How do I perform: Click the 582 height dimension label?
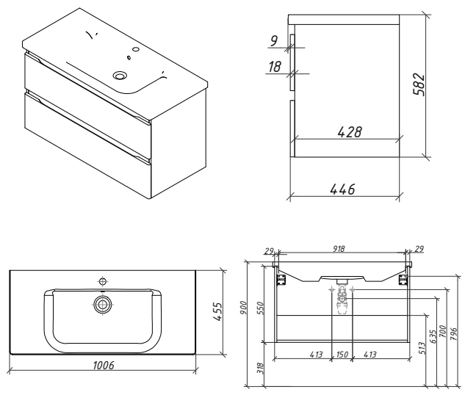coord(419,84)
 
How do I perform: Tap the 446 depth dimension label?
coord(342,189)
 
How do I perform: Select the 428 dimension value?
coord(350,132)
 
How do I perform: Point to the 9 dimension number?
coord(273,41)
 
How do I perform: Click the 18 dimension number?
coord(275,67)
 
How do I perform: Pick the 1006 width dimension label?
coord(104,366)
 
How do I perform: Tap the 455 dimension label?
coord(217,311)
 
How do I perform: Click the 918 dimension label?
coord(338,249)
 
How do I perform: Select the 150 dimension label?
coord(342,354)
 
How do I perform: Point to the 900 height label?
coord(243,308)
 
